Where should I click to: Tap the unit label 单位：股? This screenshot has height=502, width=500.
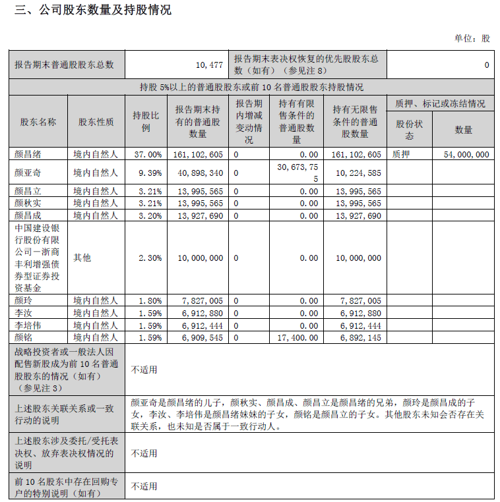(472, 38)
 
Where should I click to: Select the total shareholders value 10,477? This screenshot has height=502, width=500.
(209, 65)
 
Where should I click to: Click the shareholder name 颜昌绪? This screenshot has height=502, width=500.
(28, 154)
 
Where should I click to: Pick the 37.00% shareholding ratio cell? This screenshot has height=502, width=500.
(147, 154)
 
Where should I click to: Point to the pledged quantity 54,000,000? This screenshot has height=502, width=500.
(463, 154)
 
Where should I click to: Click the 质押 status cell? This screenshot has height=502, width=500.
(402, 154)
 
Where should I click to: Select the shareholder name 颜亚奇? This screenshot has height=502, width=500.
(28, 173)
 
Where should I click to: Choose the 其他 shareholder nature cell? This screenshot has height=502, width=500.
(82, 258)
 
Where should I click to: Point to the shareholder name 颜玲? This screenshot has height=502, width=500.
(23, 300)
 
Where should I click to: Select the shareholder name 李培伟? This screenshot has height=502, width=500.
(28, 325)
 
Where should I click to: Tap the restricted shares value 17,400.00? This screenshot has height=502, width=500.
(297, 337)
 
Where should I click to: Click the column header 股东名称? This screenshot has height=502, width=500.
(38, 122)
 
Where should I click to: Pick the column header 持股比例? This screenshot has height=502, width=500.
(146, 122)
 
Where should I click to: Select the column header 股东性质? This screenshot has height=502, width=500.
(96, 122)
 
